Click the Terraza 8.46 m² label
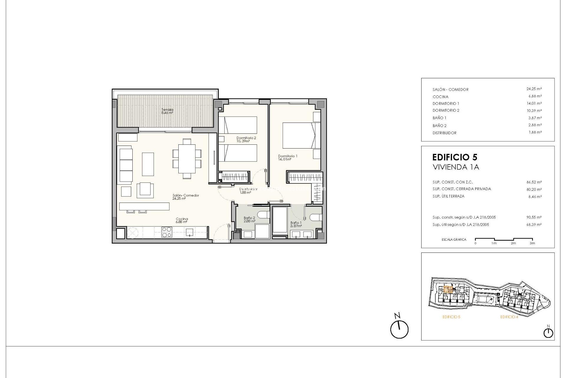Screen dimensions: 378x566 [x=167, y=111]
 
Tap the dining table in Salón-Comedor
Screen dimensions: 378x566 [x=187, y=159]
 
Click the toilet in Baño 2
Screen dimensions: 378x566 [x=262, y=214]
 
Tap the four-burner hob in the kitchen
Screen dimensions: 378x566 [x=167, y=232]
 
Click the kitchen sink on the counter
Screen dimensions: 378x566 [x=189, y=232]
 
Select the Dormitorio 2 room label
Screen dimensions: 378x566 [x=246, y=139]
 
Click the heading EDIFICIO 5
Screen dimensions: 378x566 [x=455, y=157]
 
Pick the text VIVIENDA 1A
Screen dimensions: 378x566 [x=456, y=167]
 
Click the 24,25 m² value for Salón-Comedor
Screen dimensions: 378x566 [x=534, y=89]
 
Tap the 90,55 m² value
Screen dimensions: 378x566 [x=534, y=217]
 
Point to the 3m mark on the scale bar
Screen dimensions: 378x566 [x=532, y=243]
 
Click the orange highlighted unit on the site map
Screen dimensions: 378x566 [x=448, y=289]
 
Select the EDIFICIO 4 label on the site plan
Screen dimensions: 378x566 [x=509, y=317]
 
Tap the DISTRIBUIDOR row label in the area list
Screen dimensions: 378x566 [x=444, y=133]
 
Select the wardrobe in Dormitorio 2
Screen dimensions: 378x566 [x=235, y=177]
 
